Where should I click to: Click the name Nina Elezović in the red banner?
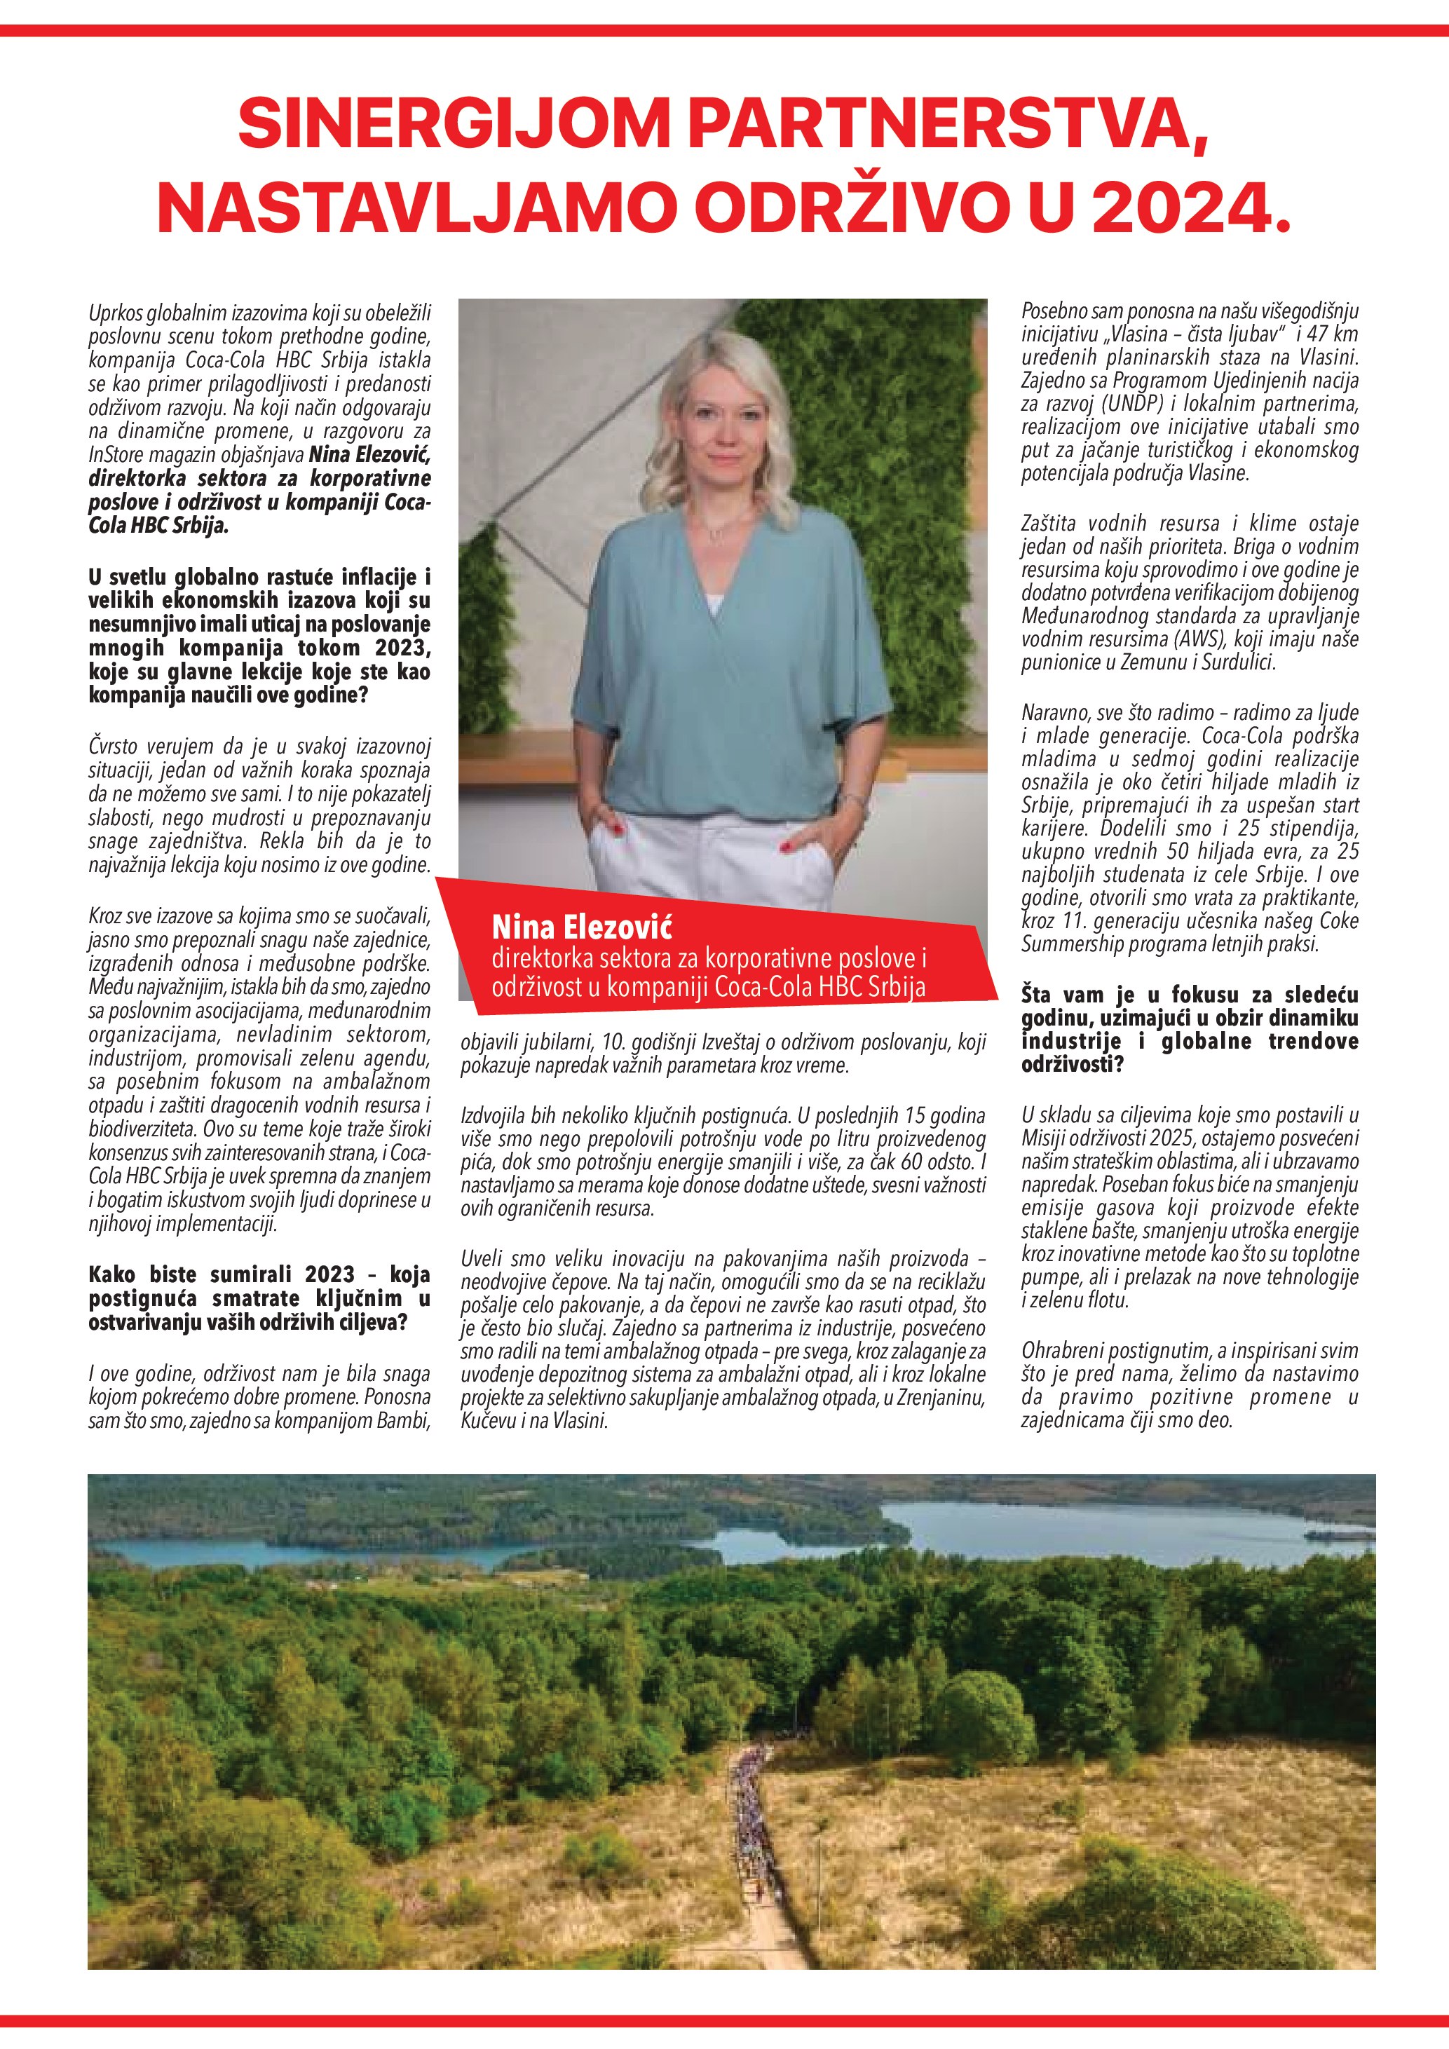coord(582,928)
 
